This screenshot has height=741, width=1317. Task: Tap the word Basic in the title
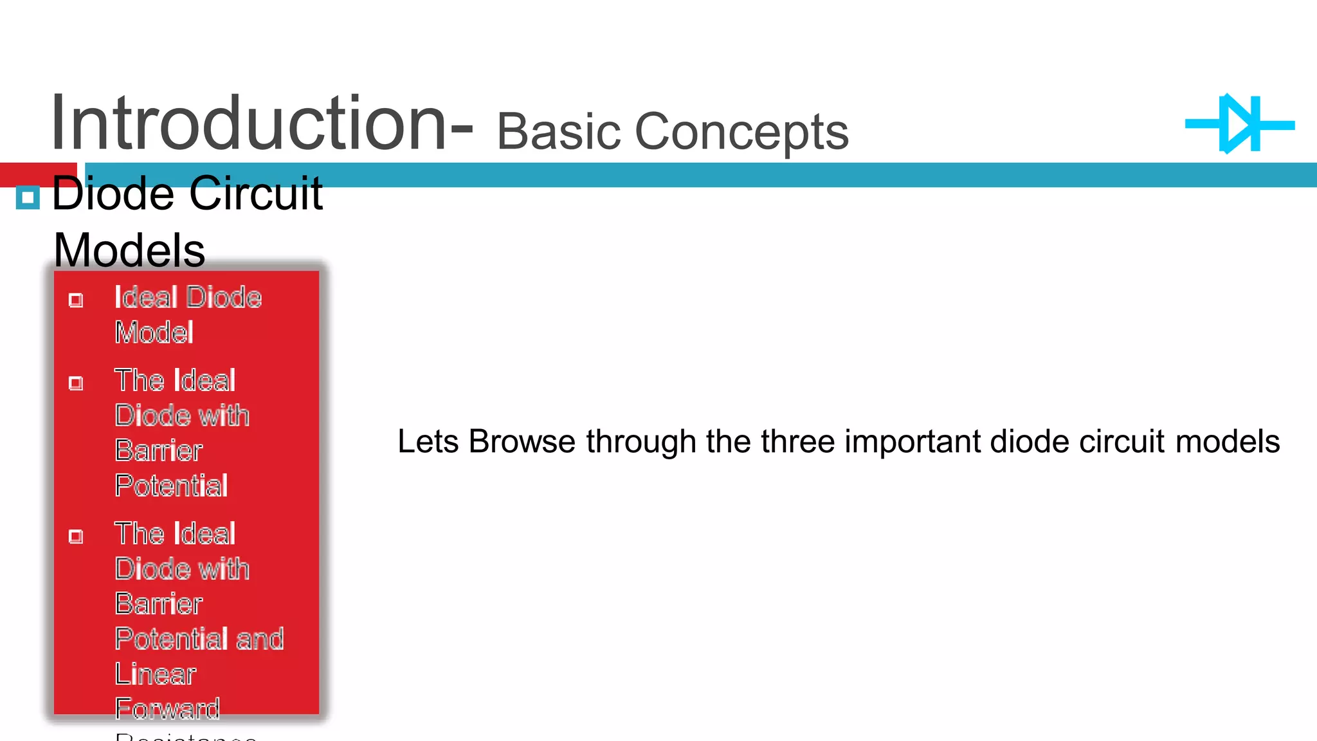(558, 131)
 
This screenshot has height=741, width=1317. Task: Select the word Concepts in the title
(741, 131)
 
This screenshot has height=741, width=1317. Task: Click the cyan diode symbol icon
(1240, 124)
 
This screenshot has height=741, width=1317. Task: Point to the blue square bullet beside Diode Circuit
(28, 197)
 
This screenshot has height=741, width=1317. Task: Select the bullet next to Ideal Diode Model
(76, 300)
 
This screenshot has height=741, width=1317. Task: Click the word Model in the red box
(154, 333)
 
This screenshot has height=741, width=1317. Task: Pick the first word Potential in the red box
(171, 485)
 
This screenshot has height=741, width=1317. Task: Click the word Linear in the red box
(155, 673)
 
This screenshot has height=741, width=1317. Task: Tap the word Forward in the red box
(167, 708)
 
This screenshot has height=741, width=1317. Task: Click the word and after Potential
(260, 639)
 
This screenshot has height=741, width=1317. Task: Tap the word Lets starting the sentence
(428, 441)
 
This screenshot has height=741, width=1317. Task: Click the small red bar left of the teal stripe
(38, 174)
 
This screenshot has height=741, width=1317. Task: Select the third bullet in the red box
(76, 536)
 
